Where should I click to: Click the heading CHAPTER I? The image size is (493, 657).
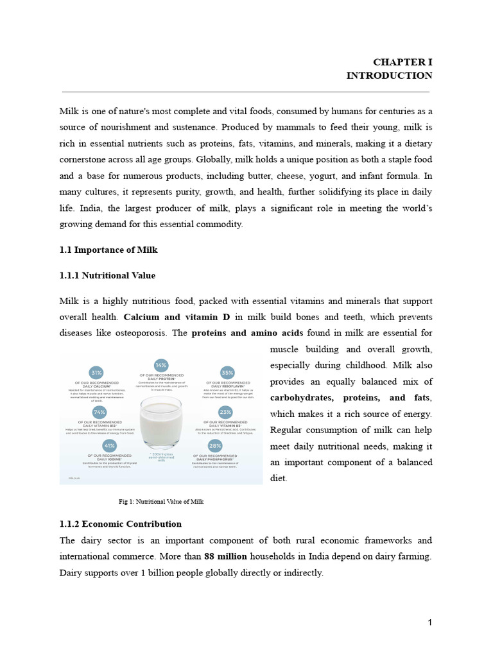point(403,62)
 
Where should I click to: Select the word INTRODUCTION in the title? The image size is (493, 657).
point(389,76)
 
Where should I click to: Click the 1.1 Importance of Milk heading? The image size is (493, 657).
point(108,250)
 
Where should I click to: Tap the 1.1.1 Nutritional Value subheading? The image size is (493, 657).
point(107,275)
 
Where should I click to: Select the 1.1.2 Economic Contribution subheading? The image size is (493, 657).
point(120,524)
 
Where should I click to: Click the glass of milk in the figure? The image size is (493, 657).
point(160,420)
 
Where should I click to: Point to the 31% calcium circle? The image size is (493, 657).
point(97,371)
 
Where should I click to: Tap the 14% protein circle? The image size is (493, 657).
point(161,364)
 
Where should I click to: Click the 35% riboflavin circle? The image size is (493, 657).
point(227,371)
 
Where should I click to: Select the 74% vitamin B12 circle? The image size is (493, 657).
point(99,412)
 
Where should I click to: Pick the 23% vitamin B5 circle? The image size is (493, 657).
point(225,412)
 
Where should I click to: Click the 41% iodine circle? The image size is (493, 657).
point(109,445)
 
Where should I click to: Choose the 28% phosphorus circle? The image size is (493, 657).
point(215,445)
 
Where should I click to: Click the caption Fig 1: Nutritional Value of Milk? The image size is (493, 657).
point(161,502)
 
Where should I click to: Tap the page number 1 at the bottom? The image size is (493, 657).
point(430,622)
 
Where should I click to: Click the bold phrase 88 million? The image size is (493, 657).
point(225,556)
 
